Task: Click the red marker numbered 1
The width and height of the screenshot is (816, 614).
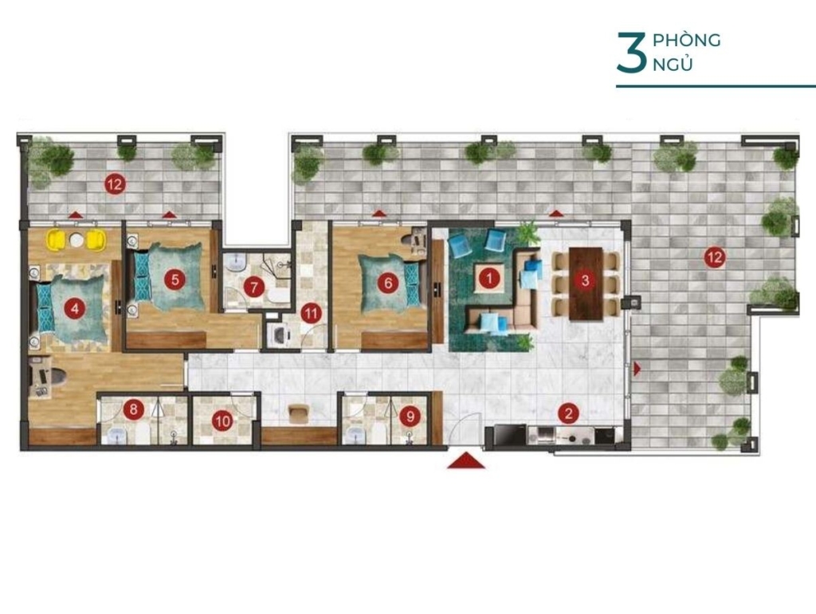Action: point(488,279)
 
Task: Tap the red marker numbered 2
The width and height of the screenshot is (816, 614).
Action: point(568,414)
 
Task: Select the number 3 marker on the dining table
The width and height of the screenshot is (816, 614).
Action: point(586,281)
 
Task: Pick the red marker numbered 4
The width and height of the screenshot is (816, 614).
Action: point(76,310)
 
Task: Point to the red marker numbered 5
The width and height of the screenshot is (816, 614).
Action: point(175,280)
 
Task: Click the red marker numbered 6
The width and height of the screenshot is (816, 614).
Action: point(388,283)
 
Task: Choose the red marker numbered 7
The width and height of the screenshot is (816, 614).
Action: point(254,287)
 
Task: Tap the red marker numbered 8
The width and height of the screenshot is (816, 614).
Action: point(134,409)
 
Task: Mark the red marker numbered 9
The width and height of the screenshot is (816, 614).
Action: point(410,416)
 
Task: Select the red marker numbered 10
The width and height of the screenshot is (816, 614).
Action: point(223,421)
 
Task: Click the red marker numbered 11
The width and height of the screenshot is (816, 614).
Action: point(312,314)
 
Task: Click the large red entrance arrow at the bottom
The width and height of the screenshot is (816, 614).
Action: point(466,460)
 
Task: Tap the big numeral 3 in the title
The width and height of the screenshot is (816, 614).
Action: point(630,53)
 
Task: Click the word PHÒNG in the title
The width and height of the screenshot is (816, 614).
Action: point(686,40)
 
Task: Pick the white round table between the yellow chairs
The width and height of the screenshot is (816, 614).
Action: point(76,241)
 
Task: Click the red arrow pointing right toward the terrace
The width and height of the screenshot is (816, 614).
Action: point(637,369)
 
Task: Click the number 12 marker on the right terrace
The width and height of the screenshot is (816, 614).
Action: point(715,257)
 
